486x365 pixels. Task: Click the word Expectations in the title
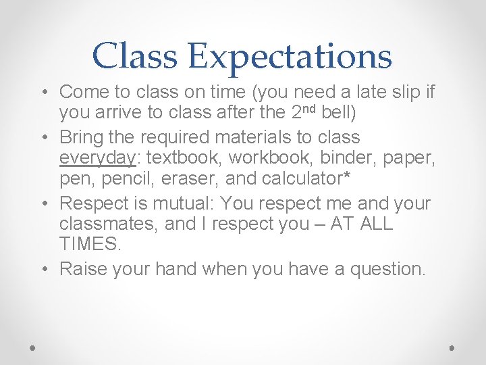[290, 57]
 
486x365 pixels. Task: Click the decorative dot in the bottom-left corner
[33, 347]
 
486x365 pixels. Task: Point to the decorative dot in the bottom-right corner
[452, 347]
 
